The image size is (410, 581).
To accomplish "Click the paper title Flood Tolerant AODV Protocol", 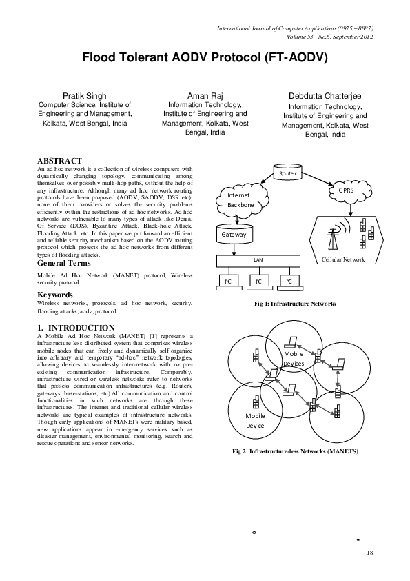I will coord(205,57).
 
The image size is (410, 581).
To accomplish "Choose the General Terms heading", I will coord(68,263).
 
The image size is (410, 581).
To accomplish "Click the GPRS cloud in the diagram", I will coord(345,189).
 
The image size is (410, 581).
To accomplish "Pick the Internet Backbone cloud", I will coord(240,200).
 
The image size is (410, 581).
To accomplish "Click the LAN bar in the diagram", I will coord(259,260).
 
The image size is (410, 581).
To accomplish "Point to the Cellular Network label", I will coord(343,259).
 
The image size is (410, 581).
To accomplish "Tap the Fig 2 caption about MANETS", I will coord(294,451).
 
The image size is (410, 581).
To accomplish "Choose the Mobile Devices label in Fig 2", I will coord(294,358).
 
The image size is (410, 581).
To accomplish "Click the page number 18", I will coord(369,553).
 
